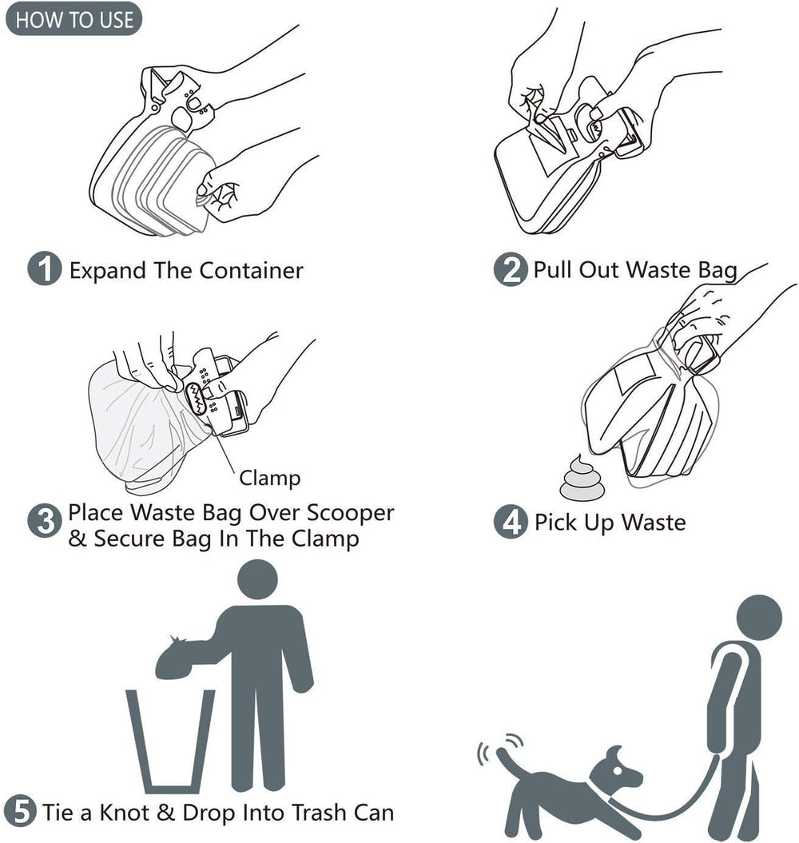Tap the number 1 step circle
click(x=45, y=269)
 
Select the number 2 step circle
click(x=510, y=269)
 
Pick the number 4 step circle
click(x=510, y=523)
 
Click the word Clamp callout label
click(x=269, y=478)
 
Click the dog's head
click(x=621, y=769)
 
